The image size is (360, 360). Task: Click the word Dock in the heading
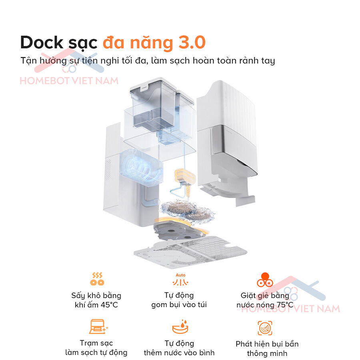coord(41,42)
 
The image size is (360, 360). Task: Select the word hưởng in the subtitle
coord(53,61)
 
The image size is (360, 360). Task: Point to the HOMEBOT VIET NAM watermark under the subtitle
coord(69,81)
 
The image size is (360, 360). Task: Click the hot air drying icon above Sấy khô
coord(97,279)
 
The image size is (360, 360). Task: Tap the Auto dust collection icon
coord(180,279)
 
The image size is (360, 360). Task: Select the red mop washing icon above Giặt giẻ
coord(265,280)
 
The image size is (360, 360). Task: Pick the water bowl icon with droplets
coord(180,326)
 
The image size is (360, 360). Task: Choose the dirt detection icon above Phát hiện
coord(265,328)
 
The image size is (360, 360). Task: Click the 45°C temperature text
coord(109,305)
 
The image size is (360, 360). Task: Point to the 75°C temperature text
coord(285,305)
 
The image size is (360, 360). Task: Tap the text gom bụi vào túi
coord(179,305)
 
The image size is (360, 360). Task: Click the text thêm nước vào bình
coord(179,352)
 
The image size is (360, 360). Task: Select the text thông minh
coord(267,353)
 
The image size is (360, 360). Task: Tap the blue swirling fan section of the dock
coord(140,165)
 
